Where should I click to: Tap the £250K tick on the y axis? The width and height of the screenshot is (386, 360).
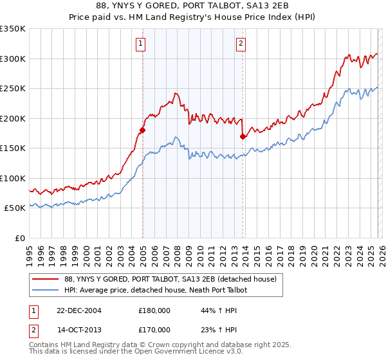point(13,89)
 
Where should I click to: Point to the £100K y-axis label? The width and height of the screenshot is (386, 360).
point(13,178)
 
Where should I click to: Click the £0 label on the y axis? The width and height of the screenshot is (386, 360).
point(21,238)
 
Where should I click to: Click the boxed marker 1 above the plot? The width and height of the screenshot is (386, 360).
point(140,44)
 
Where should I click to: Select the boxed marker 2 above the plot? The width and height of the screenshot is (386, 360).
point(241,44)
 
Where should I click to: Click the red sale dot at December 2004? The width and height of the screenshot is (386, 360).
point(142,130)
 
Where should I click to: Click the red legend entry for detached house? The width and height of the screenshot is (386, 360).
point(170,279)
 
